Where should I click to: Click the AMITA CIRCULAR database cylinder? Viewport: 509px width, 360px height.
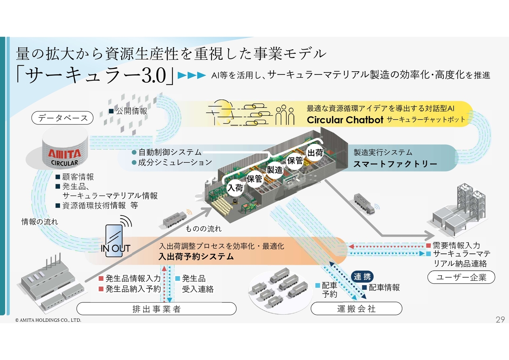click(64, 151)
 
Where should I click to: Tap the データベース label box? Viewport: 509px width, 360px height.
click(62, 118)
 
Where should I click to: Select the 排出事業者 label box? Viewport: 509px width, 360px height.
click(156, 309)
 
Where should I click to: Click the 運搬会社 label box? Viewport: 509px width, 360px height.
click(356, 309)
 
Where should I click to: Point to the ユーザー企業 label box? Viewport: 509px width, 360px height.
click(461, 278)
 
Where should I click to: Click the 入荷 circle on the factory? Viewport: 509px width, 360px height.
click(235, 188)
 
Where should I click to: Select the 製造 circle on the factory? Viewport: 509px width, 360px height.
click(274, 170)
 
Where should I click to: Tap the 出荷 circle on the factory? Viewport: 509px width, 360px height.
click(315, 152)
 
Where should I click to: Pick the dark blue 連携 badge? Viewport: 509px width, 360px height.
click(362, 277)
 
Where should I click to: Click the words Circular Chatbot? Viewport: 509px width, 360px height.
click(344, 120)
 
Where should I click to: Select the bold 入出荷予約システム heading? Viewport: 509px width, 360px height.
click(196, 257)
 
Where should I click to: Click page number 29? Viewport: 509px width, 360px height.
click(500, 319)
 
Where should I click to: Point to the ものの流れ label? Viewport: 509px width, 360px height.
click(204, 229)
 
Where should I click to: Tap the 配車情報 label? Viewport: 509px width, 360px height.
click(384, 288)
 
